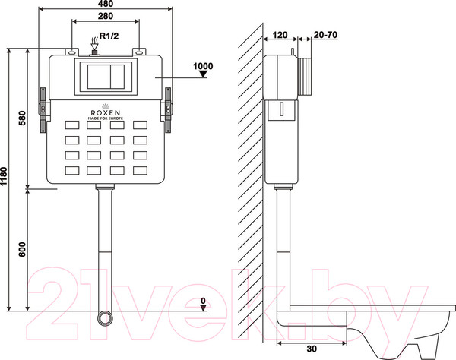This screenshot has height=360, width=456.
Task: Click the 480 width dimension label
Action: point(106,4)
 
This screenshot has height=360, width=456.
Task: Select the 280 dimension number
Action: point(106,16)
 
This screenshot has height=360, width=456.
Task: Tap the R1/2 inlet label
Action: point(109,36)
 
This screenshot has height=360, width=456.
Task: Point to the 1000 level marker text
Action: point(203,66)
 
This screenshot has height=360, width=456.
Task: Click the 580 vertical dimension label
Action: point(22,118)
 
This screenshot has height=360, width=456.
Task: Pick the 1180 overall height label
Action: point(4,176)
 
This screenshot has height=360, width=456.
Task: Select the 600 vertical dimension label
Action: point(22,249)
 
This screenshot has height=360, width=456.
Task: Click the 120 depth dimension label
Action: point(280,35)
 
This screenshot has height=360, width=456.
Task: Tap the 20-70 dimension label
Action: point(325,35)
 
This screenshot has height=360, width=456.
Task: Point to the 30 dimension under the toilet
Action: point(312,349)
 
